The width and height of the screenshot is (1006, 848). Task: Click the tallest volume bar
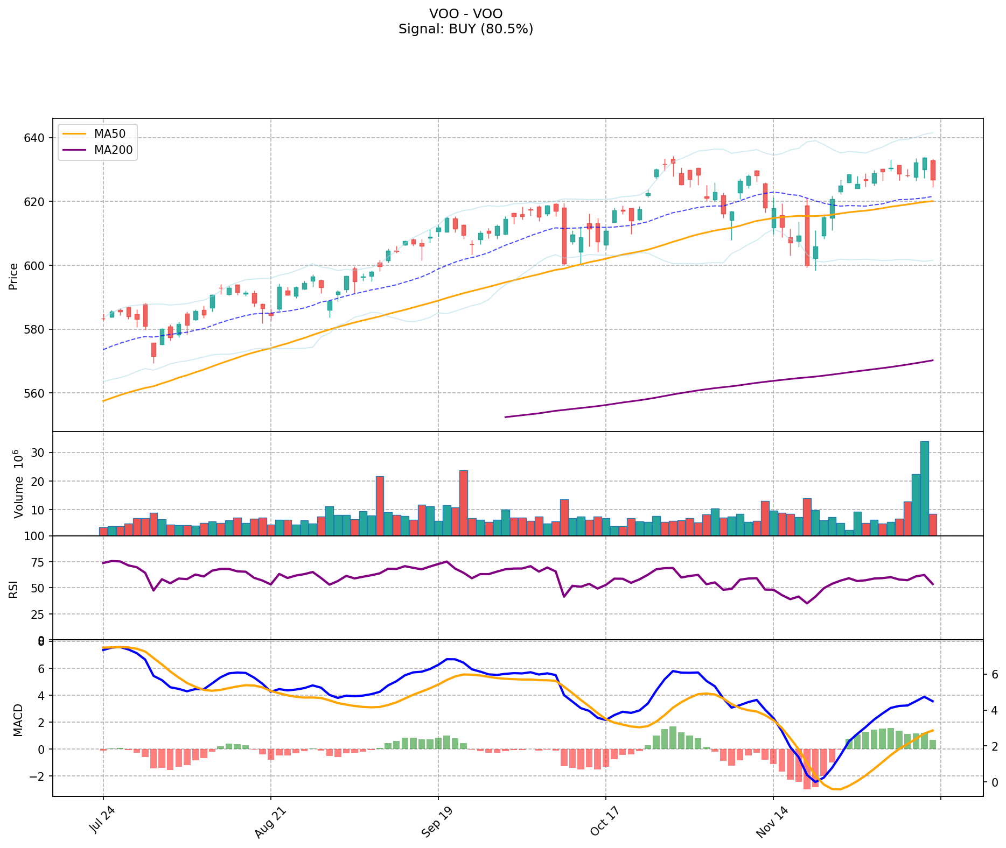click(x=924, y=488)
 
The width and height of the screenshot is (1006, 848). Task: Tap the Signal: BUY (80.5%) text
click(x=466, y=29)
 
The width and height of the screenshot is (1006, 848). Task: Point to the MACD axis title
click(x=18, y=720)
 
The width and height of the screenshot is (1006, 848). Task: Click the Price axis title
click(x=13, y=276)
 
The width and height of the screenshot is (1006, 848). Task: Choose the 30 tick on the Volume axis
click(x=39, y=453)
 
